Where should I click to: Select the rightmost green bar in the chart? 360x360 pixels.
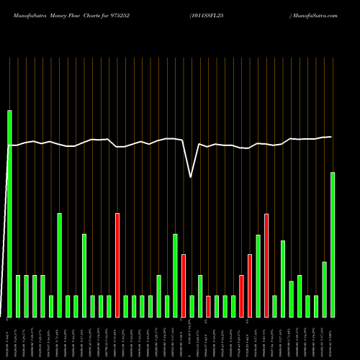click(x=332, y=245)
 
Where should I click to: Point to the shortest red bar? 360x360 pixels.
click(x=208, y=306)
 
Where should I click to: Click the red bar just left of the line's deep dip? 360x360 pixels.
click(x=184, y=285)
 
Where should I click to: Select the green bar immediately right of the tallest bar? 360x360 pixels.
click(x=18, y=296)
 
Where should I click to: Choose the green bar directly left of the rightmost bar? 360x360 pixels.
click(x=324, y=289)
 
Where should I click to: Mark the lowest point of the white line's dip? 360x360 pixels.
click(x=191, y=176)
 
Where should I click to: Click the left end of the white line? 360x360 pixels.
click(x=9, y=145)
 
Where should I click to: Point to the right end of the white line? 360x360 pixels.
click(x=331, y=137)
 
